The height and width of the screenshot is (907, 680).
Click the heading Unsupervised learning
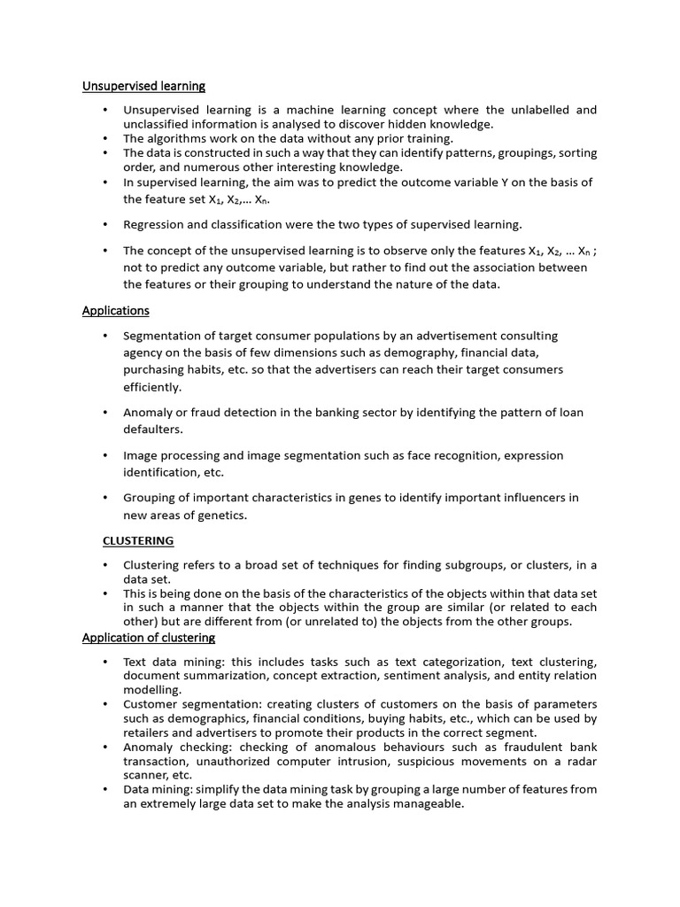143,86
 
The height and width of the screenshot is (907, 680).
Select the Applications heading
115,311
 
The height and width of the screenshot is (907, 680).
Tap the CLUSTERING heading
138,540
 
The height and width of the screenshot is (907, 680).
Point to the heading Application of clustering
149,638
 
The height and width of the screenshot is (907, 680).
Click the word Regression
153,224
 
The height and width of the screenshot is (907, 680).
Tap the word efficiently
152,387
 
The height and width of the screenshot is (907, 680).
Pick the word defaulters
152,429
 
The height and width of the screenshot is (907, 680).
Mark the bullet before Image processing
104,455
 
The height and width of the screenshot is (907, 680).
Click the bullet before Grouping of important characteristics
104,498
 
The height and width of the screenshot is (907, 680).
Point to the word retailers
145,733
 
